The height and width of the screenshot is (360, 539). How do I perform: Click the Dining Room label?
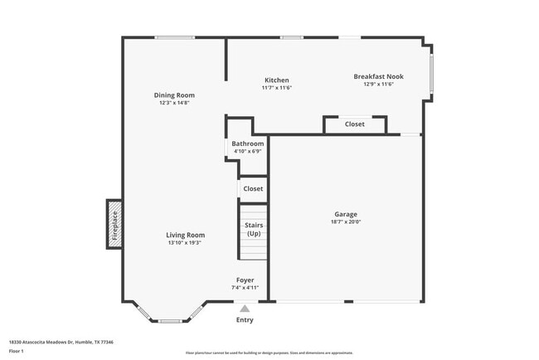[x=174, y=95]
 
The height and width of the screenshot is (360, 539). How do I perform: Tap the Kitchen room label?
[x=276, y=80]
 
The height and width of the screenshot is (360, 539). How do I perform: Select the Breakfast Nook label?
[x=377, y=76]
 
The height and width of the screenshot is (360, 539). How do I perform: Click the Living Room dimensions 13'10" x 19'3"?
[x=185, y=243]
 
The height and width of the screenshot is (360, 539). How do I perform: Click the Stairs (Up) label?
[x=254, y=228]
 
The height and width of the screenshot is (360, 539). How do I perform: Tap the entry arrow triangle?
[x=245, y=308]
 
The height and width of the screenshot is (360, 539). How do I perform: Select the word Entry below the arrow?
[x=245, y=320]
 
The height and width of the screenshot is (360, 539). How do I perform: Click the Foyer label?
[x=245, y=280]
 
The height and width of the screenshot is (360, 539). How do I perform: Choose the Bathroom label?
[x=247, y=144]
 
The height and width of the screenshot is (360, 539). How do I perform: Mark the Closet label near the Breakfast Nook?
[x=354, y=124]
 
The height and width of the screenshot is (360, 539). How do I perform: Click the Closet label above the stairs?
[x=253, y=188]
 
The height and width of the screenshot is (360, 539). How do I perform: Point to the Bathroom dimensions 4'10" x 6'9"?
[x=247, y=151]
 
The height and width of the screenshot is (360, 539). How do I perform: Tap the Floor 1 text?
[x=17, y=351]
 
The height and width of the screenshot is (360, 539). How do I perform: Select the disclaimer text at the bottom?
[x=269, y=353]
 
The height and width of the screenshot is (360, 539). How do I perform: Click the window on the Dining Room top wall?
[x=174, y=37]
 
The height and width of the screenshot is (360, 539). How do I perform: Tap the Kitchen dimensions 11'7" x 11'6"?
[x=276, y=88]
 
